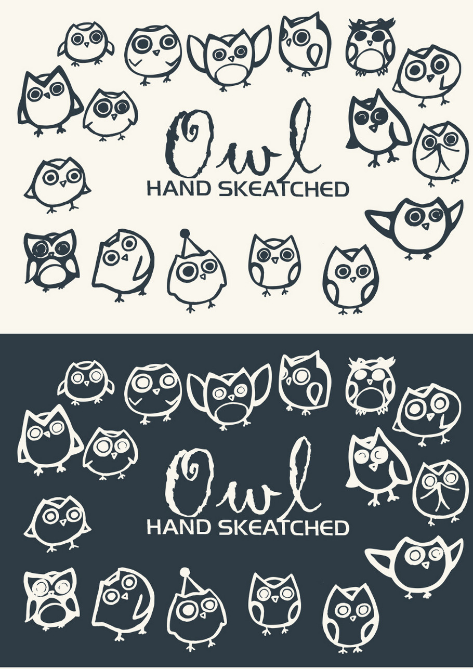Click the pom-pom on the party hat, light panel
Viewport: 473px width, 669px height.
pyautogui.click(x=185, y=231)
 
